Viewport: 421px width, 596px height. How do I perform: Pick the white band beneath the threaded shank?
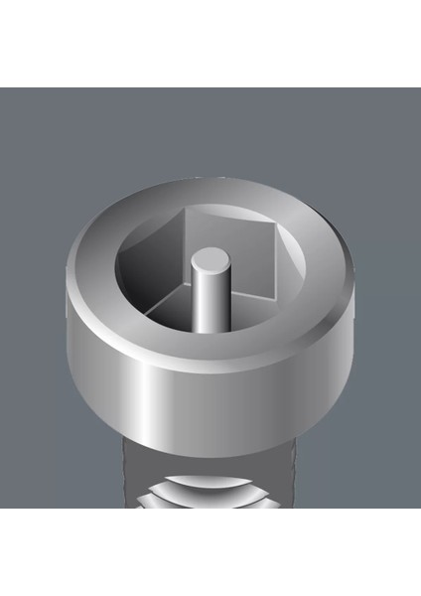(210, 551)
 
